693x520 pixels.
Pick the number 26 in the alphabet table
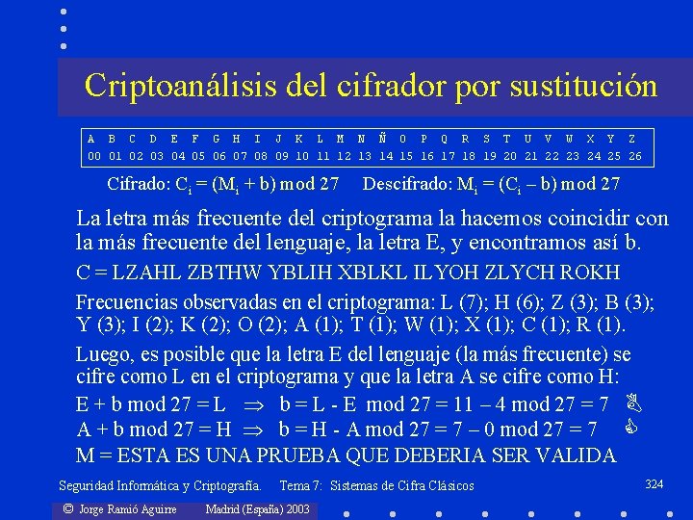[634, 156]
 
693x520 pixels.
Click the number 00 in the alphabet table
[94, 156]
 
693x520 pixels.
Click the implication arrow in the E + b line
[257, 404]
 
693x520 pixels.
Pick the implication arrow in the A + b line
[258, 429]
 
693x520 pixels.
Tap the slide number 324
[654, 483]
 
